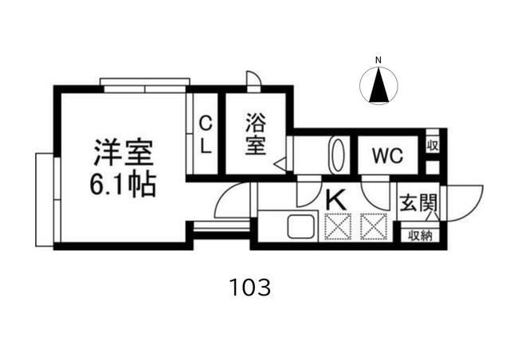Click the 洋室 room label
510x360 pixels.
tap(124, 153)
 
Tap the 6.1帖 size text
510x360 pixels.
tap(122, 185)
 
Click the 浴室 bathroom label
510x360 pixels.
tap(255, 134)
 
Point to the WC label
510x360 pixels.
tap(388, 156)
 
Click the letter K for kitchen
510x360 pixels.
tap(335, 200)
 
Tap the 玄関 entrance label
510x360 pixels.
tap(418, 202)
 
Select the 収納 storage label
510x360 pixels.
tap(421, 235)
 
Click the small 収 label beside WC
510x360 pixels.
tap(433, 146)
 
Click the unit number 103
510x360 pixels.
tap(250, 288)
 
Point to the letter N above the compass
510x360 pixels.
tap(379, 61)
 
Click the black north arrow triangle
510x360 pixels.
tap(379, 84)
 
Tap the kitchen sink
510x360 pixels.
tap(301, 227)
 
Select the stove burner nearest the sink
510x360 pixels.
tap(338, 226)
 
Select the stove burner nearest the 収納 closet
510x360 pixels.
tap(374, 226)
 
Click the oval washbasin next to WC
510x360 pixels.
tap(337, 155)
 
